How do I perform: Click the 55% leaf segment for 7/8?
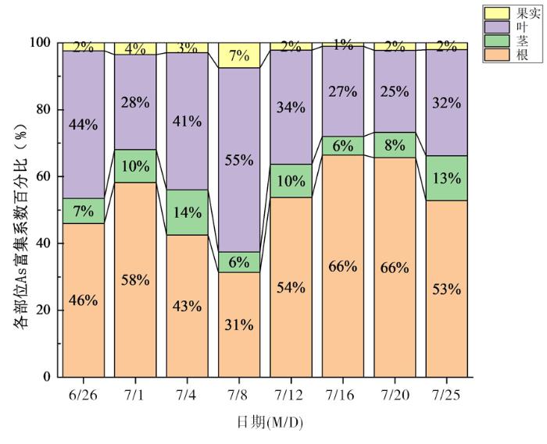coord(238,160)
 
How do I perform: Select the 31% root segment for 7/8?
coord(238,325)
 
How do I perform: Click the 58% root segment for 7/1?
coord(135,279)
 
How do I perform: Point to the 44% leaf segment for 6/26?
coord(84,125)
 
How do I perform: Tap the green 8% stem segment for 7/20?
coord(394,144)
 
